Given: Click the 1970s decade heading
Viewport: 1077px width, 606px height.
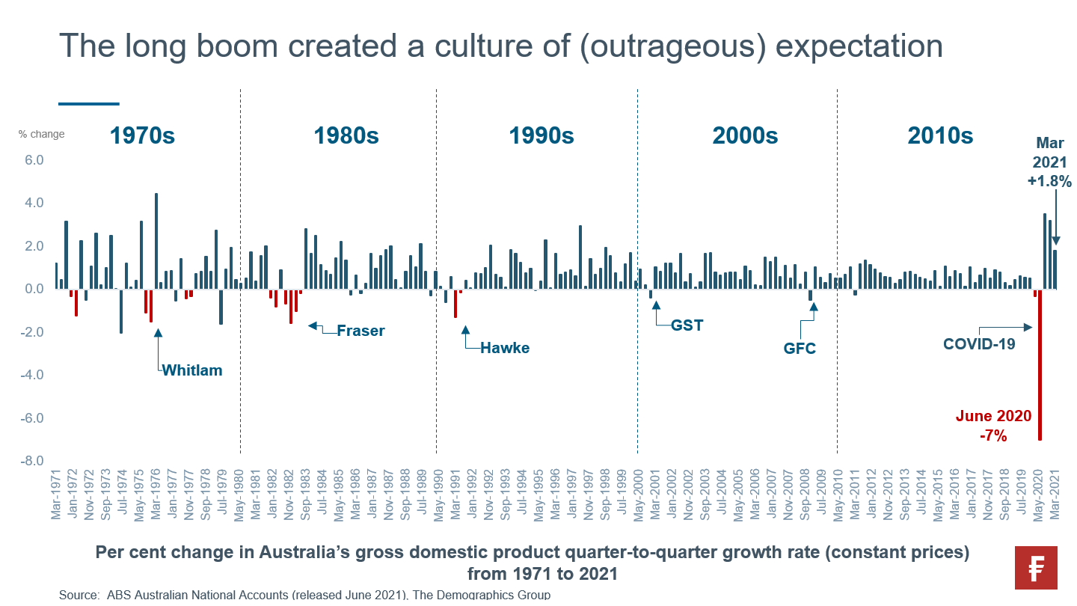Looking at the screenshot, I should click(142, 135).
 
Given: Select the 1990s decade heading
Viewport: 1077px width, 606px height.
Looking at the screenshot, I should click(541, 135).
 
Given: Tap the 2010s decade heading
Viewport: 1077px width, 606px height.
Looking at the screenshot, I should click(940, 135).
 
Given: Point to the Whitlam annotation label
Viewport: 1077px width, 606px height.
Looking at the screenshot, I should click(192, 370).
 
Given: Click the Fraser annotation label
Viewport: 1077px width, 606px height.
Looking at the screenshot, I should click(360, 331).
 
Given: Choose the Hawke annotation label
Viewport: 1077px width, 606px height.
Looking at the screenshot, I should click(505, 348).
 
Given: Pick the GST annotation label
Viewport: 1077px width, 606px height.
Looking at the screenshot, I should click(687, 325).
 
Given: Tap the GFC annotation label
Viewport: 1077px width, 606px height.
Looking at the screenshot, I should click(800, 349).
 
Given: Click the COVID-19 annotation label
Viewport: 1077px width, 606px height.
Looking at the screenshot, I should click(979, 344).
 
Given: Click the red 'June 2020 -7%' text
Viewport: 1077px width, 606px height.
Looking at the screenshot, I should click(993, 426).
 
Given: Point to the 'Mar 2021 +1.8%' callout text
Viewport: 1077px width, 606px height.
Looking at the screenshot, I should click(1053, 162).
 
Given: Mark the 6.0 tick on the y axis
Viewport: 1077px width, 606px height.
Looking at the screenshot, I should click(34, 160).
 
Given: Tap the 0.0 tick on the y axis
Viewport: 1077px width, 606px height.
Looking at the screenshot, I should click(34, 289).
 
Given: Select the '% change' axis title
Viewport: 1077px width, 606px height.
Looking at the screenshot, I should click(42, 135).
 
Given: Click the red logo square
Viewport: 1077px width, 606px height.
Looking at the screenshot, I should click(1036, 568).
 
